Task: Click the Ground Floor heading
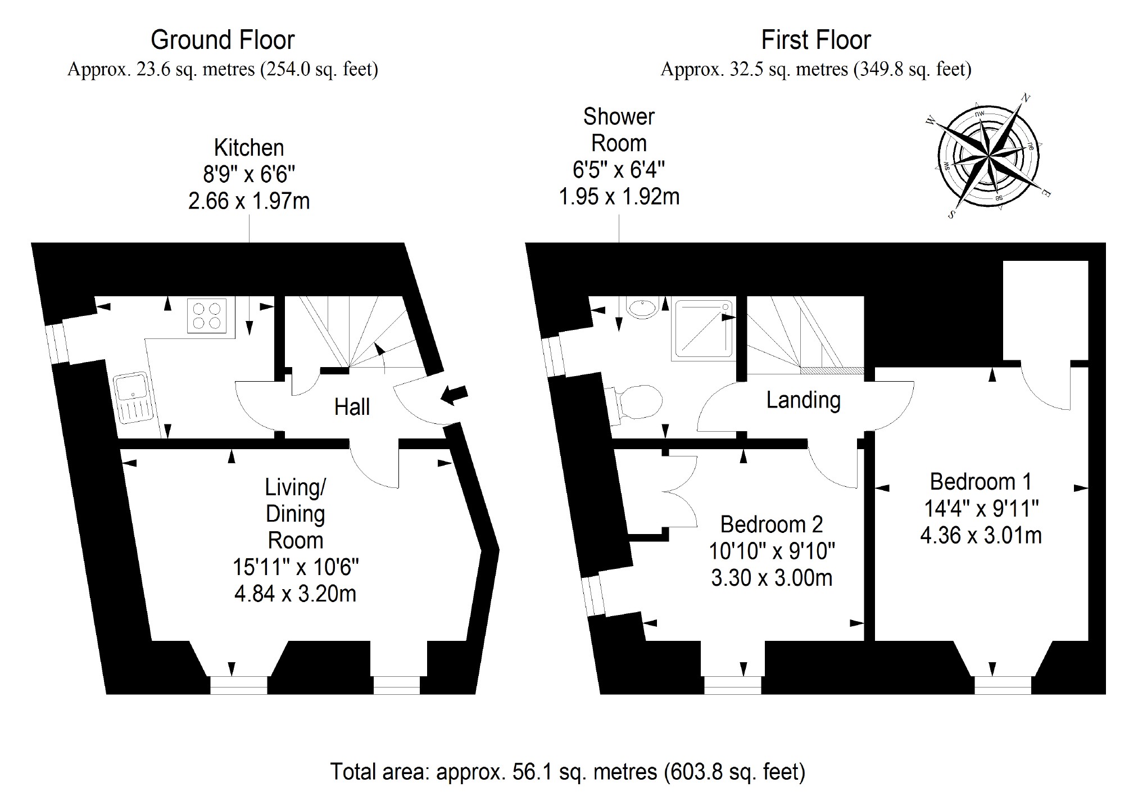point(223,40)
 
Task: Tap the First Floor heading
point(815,40)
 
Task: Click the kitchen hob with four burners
point(206,316)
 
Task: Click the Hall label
point(352,407)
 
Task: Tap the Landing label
point(803,400)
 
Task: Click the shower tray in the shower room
point(704,330)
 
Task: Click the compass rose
point(987,156)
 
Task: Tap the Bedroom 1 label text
point(981,482)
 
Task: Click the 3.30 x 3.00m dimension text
point(771,578)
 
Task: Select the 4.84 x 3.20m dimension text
point(295,594)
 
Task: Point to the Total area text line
point(568,772)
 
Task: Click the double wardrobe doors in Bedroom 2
point(680,492)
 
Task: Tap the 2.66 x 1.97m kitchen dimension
point(249,201)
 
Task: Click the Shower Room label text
point(619,130)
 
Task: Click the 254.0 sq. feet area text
point(319,70)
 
